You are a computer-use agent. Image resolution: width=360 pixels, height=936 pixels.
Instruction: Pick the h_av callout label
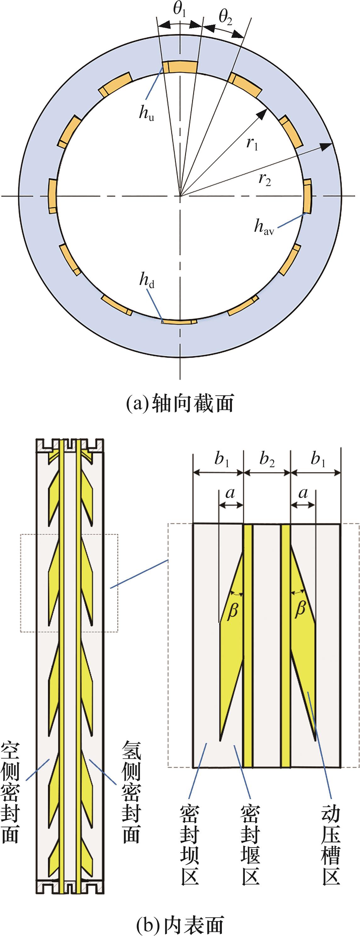pyautogui.click(x=264, y=227)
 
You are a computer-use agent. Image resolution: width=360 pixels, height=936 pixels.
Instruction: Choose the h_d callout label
pyautogui.click(x=147, y=281)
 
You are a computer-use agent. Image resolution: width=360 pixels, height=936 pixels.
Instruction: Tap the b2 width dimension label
pyautogui.click(x=267, y=460)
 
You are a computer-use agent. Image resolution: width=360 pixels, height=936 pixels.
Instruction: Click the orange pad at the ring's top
pyautogui.click(x=180, y=67)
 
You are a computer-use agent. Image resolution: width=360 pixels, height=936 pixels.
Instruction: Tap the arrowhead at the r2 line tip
pyautogui.click(x=327, y=145)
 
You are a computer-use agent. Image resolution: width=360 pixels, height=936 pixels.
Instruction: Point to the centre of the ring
pyautogui.click(x=180, y=196)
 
